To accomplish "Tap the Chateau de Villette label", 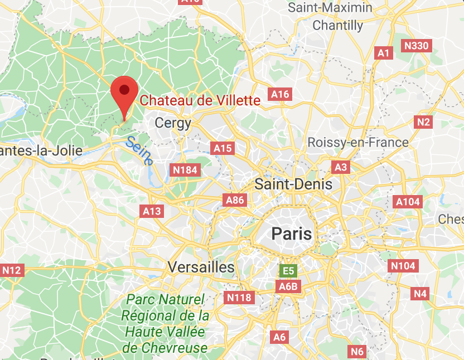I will coord(200,100).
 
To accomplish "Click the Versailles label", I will coord(201,267).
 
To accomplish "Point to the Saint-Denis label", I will coord(293,184).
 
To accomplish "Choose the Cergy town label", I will coord(173,123).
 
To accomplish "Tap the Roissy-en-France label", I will coord(358,143).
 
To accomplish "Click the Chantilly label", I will coord(338,25).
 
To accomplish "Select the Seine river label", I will coord(139,150).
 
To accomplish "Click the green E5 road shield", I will coord(288,271).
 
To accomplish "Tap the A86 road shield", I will coord(234,200).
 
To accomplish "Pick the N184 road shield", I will coord(185,169).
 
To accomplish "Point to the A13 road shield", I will coord(152,211).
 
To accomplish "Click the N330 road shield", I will coord(417,46).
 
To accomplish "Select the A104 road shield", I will coord(408,202).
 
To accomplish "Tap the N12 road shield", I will coord(12,271).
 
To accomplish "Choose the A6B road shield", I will coord(289,286).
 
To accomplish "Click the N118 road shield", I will coord(239,298).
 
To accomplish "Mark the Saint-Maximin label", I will coord(330,8).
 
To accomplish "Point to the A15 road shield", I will coord(223,148).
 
